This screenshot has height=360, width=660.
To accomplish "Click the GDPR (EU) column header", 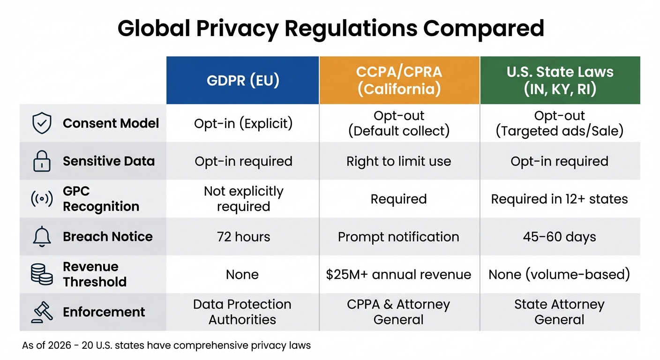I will tap(243, 80).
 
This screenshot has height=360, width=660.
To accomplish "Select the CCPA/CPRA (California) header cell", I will tap(399, 80).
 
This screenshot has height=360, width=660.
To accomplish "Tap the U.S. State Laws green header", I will tap(560, 80).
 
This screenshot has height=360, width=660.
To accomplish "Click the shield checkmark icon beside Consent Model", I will tap(41, 123).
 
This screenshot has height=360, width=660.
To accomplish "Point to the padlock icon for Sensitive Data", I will tap(41, 161).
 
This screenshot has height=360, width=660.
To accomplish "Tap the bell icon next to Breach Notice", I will tap(41, 237).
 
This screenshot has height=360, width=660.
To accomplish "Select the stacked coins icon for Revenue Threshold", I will tap(41, 274).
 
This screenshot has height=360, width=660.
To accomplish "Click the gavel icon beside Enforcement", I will tap(41, 312).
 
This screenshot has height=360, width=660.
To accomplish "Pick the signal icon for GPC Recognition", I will tap(41, 199).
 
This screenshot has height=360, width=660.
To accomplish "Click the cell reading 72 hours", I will tap(243, 237).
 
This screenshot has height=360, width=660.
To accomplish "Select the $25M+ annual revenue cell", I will tap(399, 274).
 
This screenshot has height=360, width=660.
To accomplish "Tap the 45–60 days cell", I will tap(560, 237).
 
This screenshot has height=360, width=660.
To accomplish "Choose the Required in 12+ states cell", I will tap(560, 199).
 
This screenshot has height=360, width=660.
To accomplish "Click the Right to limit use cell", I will tap(399, 161).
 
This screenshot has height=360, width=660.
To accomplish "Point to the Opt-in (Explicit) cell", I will tap(243, 123).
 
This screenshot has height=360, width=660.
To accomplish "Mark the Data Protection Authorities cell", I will tap(243, 312).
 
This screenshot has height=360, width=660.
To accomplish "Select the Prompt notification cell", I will tap(399, 237).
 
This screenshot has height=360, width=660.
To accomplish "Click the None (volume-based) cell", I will tap(560, 274).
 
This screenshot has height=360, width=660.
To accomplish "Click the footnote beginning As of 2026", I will tap(166, 346).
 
